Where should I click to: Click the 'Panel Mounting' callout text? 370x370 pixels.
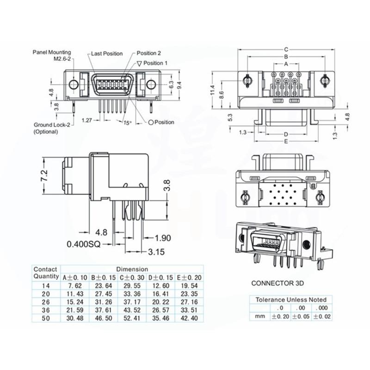[x=52, y=52]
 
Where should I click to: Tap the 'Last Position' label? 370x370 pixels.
[x=107, y=54]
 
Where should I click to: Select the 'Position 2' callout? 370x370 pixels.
[x=149, y=53]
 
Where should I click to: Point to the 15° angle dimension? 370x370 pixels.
[x=127, y=123]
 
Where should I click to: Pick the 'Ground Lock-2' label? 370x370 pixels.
[x=52, y=125]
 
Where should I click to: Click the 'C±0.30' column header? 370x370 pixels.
[x=130, y=277]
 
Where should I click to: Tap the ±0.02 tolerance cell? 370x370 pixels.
[x=321, y=316]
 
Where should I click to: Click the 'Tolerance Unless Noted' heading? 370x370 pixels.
[x=291, y=300]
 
